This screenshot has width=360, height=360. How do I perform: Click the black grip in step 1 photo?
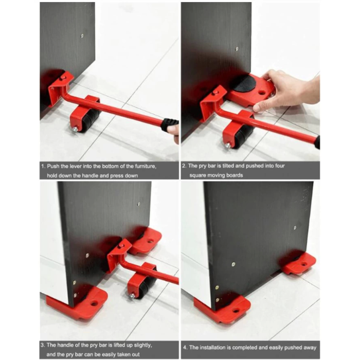tap(169, 125)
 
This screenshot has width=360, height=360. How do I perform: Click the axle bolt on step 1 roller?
tap(75, 130)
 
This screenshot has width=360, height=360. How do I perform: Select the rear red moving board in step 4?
tap(298, 263)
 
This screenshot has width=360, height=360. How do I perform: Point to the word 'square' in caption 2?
tap(197, 176)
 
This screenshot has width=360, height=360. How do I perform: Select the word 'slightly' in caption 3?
tap(143, 345)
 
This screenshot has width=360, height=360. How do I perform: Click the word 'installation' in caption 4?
tap(213, 348)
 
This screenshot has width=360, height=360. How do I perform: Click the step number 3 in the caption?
tap(43, 345)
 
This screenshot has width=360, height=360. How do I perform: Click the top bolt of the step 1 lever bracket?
tap(62, 78)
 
